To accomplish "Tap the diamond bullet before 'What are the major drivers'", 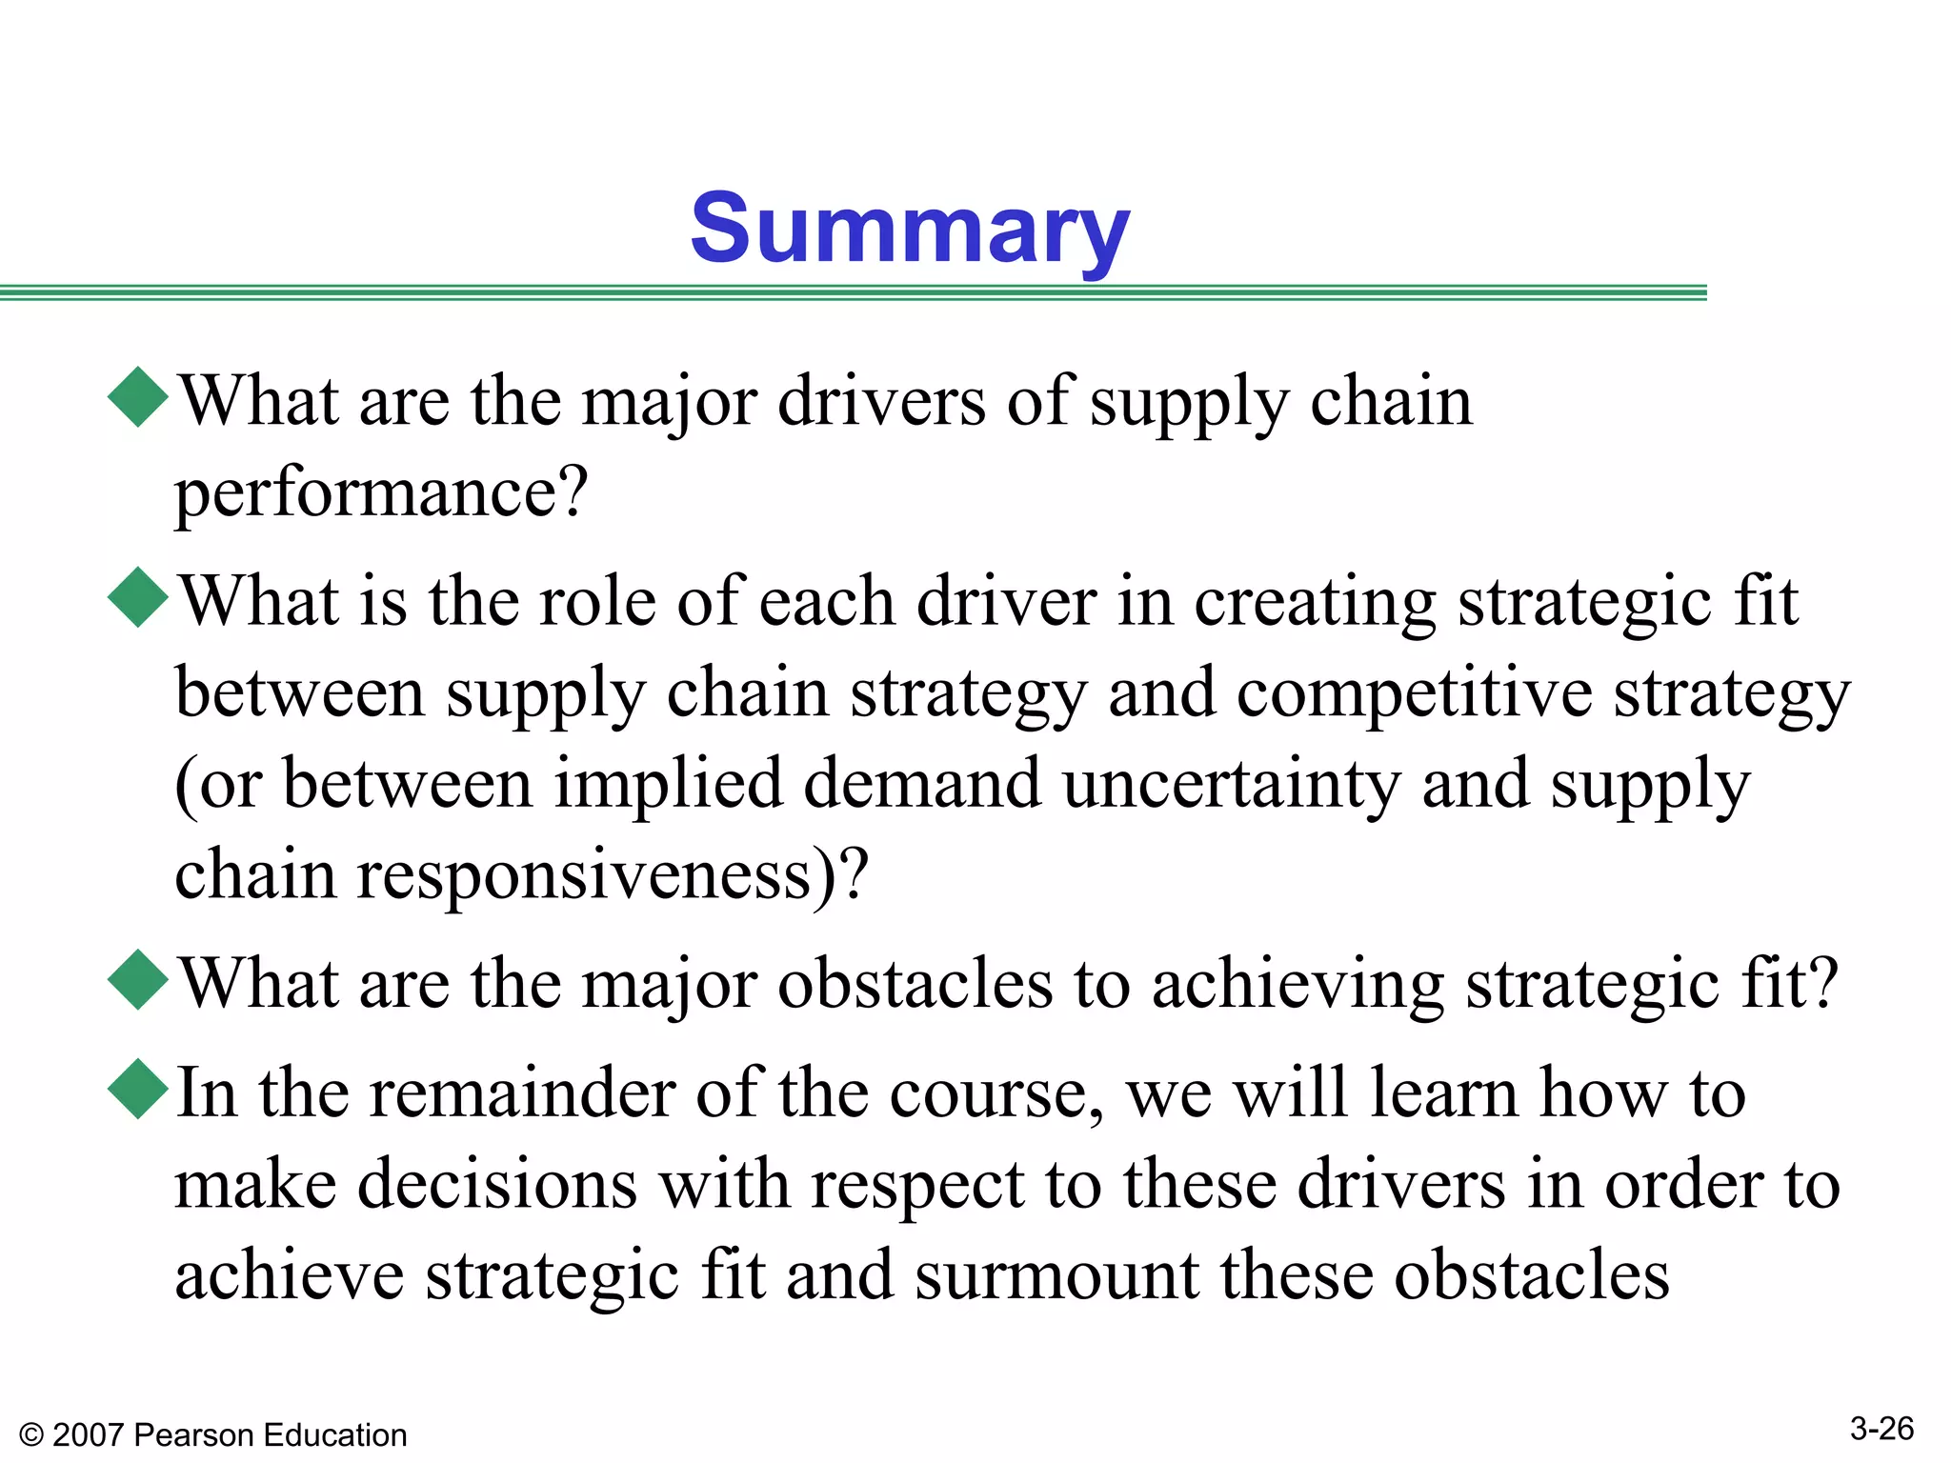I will tap(139, 397).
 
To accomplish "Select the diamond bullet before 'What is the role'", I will tap(139, 597).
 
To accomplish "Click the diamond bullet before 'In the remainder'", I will tap(139, 1089).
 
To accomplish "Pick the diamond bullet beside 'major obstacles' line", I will tap(139, 980).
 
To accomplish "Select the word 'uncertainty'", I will tap(1231, 785).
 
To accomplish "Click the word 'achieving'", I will tap(1297, 985).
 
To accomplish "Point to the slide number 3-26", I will tap(1881, 1429).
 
